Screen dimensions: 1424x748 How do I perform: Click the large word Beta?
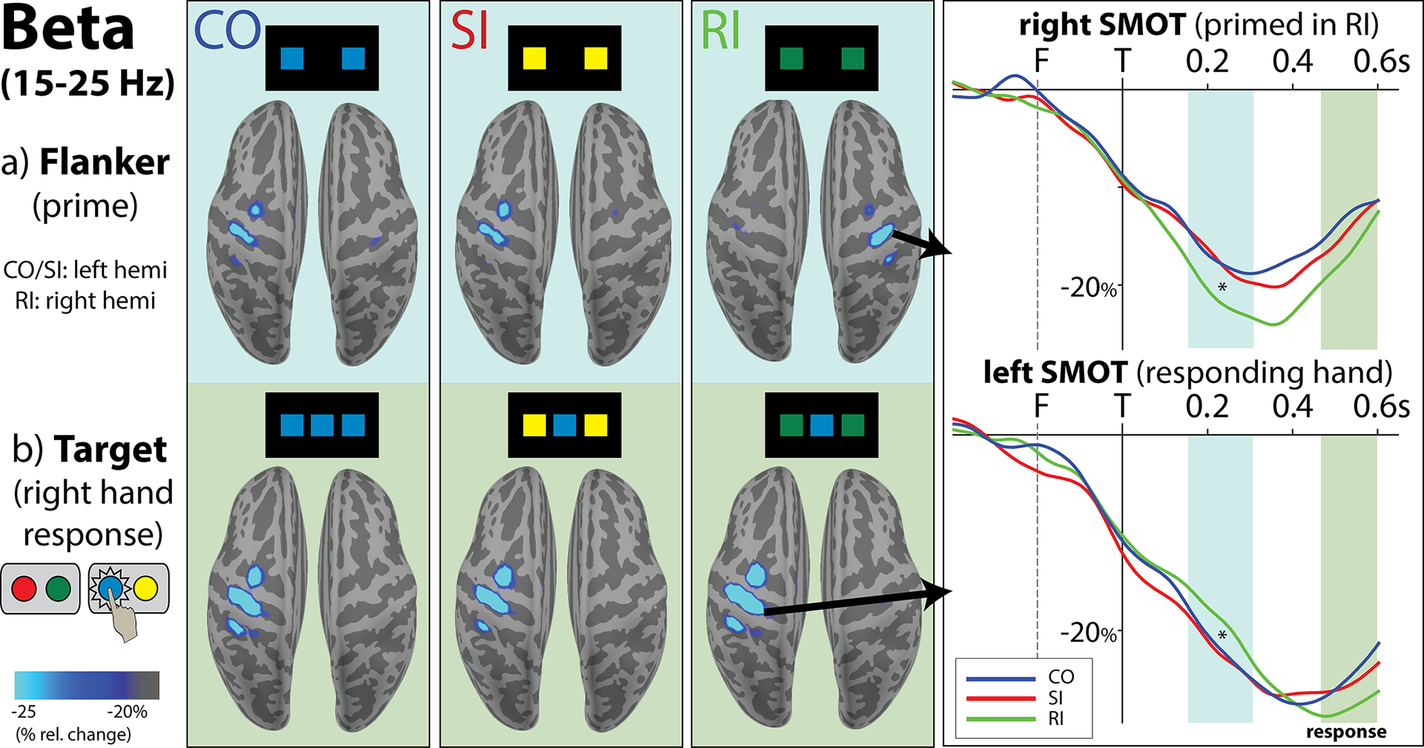pos(68,28)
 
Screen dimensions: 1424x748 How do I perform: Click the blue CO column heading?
pos(227,32)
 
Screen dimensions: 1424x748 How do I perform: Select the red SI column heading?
pos(469,32)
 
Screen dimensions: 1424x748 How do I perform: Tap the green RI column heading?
pos(720,32)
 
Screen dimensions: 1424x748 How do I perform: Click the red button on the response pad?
pos(24,589)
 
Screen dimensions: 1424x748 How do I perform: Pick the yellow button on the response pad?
pos(146,589)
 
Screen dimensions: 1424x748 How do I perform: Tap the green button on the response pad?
pos(58,589)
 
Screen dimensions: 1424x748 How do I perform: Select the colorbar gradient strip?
pos(87,685)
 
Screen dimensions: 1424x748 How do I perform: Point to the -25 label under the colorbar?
pos(24,712)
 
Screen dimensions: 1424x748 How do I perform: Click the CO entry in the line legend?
pos(1061,677)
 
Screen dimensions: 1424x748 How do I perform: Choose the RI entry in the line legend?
pos(1055,718)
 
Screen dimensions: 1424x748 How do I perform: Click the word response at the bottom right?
pos(1346,732)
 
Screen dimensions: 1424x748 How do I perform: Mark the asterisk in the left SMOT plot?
pos(1222,636)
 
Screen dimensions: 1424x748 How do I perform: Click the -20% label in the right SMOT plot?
pos(1089,287)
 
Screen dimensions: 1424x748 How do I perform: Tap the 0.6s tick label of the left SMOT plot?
pos(1381,407)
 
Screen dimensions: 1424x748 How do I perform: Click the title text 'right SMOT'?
pos(1103,25)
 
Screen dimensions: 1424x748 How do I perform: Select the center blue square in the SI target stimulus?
pos(564,425)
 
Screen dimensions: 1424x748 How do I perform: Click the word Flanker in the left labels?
pos(105,163)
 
